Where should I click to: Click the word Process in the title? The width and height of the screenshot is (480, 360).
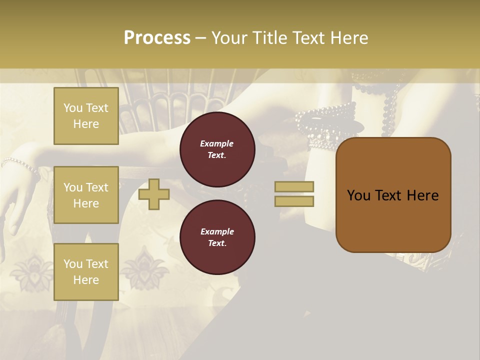157,38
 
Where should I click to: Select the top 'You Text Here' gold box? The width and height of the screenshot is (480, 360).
86,116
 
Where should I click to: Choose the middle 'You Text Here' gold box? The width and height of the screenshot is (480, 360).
86,195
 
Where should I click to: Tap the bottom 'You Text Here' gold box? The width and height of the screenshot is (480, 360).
86,272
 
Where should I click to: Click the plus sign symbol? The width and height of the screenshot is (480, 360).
153,194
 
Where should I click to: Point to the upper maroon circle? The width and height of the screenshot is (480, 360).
217,149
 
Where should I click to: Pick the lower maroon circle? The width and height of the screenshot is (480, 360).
217,237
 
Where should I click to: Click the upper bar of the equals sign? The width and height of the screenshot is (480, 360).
294,187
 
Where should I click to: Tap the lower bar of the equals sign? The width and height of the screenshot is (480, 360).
294,201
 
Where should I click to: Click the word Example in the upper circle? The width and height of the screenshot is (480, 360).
217,143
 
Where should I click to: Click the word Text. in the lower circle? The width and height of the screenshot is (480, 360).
217,243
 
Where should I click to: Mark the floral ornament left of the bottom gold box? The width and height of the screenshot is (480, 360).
31,270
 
